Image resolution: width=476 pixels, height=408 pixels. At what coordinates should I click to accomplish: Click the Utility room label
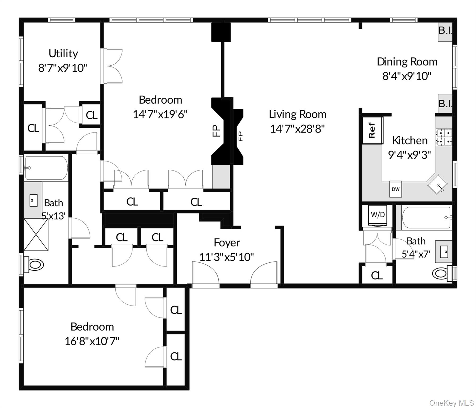(63, 54)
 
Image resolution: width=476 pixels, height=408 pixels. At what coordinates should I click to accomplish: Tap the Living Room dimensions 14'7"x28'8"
(297, 129)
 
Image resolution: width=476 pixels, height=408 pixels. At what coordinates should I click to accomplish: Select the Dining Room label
(407, 62)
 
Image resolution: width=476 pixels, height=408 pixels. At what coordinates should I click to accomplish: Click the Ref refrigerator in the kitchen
(372, 130)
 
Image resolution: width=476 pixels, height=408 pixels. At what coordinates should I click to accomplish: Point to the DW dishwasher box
(395, 189)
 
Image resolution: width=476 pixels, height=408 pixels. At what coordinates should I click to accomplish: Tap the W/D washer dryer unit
(378, 215)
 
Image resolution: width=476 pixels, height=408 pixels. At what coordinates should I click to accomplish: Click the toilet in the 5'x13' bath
(34, 265)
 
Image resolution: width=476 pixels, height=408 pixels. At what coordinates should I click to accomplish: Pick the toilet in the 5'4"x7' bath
(441, 273)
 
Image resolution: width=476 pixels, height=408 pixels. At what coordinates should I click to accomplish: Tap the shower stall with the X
(36, 235)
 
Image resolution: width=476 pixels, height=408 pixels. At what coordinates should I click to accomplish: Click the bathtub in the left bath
(46, 168)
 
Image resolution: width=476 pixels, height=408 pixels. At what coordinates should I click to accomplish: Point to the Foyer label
(227, 243)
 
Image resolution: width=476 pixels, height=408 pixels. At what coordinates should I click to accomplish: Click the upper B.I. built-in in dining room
(445, 31)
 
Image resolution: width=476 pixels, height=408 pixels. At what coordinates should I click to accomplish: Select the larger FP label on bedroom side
(216, 131)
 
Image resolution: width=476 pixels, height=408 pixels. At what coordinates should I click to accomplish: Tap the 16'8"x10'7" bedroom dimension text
(92, 341)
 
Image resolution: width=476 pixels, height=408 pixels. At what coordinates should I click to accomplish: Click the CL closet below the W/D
(377, 276)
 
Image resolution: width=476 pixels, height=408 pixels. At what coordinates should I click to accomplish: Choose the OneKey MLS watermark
(451, 403)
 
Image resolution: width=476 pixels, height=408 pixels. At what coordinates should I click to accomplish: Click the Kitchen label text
(410, 141)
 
